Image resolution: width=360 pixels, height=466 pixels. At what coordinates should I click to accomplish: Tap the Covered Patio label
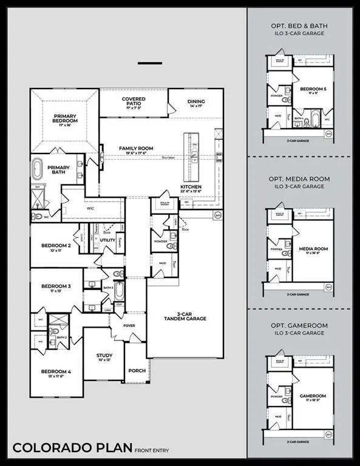point(134,101)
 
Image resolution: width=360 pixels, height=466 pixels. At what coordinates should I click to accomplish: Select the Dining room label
point(196,103)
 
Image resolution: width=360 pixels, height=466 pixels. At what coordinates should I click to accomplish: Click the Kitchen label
point(191,187)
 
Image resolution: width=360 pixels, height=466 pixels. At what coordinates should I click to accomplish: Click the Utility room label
point(107,240)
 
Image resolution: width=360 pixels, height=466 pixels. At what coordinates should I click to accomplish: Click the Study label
point(104,357)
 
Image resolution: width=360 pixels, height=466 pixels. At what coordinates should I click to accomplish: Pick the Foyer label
point(129,326)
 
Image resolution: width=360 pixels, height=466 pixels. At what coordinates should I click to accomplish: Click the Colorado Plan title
point(72,448)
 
